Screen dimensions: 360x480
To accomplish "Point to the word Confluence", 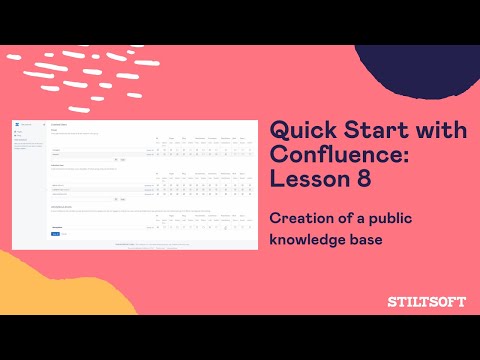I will click(x=346, y=156).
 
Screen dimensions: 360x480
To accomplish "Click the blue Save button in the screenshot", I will click(x=55, y=233).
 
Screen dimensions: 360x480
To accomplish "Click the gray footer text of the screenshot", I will click(x=150, y=244).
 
